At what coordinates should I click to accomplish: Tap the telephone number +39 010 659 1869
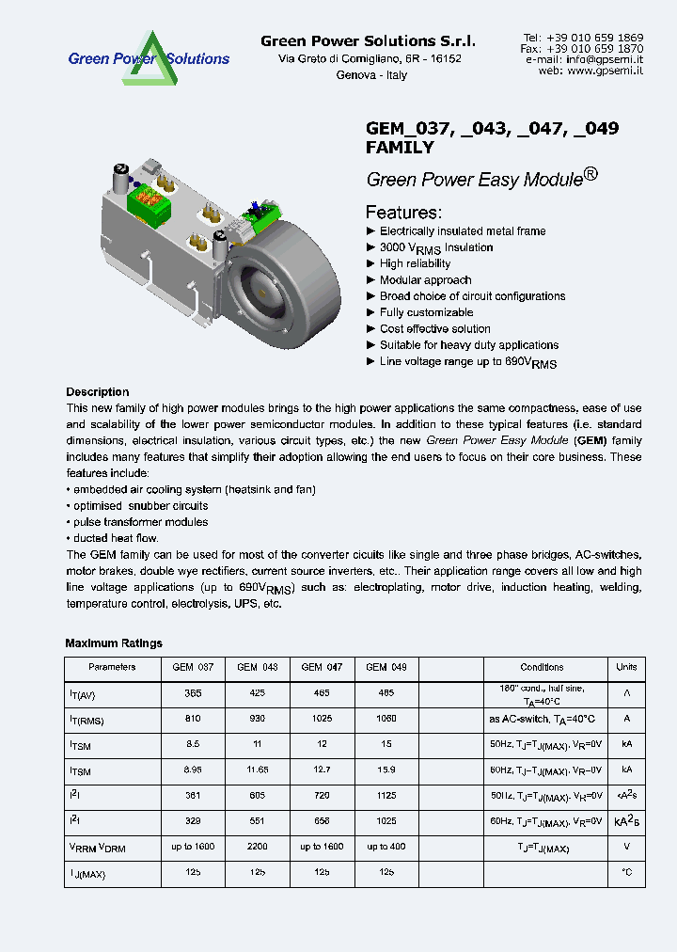(x=596, y=37)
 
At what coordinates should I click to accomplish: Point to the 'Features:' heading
(x=402, y=212)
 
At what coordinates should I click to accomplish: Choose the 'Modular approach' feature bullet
(x=425, y=279)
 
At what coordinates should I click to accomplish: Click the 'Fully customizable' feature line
(x=426, y=312)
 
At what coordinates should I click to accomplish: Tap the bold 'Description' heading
(x=98, y=392)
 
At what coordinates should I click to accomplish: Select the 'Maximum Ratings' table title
(x=114, y=643)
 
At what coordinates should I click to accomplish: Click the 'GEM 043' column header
(x=257, y=667)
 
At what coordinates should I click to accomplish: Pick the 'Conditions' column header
(x=542, y=667)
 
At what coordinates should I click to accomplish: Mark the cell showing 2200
(x=257, y=847)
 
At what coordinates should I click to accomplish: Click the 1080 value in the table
(x=386, y=720)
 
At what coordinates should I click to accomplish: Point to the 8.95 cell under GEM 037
(x=193, y=770)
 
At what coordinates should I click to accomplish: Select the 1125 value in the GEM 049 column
(x=386, y=796)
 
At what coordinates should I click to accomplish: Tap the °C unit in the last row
(x=626, y=872)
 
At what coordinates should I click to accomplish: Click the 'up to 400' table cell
(x=386, y=847)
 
